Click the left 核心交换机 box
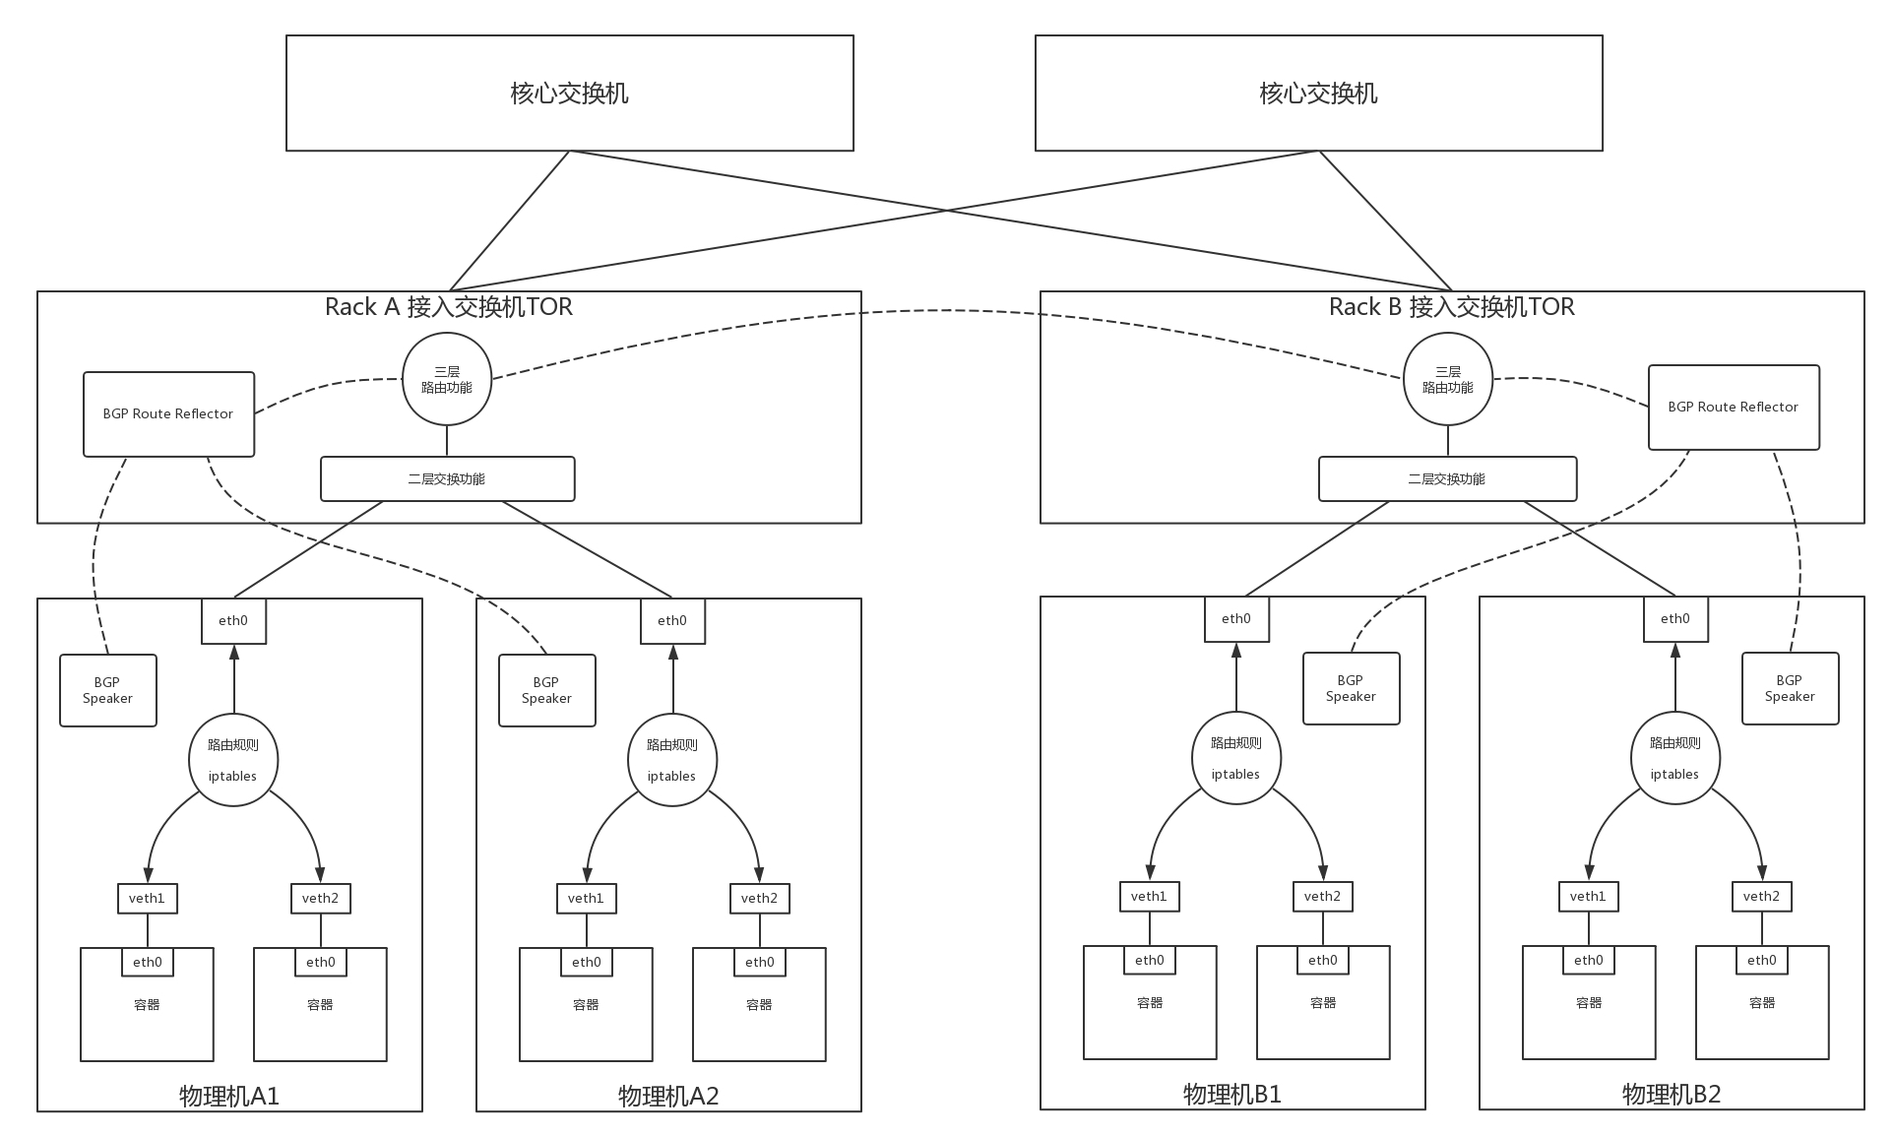[x=569, y=94]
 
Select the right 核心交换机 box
[x=1318, y=94]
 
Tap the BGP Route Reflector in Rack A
[x=168, y=414]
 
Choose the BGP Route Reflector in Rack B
[x=1734, y=408]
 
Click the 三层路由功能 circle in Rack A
[x=447, y=379]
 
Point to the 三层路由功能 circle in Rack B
[x=1447, y=379]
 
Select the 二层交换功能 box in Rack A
[x=447, y=479]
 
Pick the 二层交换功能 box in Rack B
[x=1447, y=479]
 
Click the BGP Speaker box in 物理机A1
[x=107, y=690]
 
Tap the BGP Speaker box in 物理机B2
[x=1790, y=688]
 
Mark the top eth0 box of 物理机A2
[x=672, y=621]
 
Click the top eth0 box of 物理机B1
[x=1236, y=619]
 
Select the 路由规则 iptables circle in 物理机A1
[x=232, y=760]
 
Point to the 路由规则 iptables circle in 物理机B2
[x=1674, y=758]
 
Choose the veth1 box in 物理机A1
[x=147, y=898]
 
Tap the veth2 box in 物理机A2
[x=759, y=898]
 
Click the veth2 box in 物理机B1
[x=1322, y=896]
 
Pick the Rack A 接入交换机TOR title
[x=449, y=307]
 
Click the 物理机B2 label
[x=1672, y=1094]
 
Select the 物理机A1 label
[x=229, y=1096]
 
